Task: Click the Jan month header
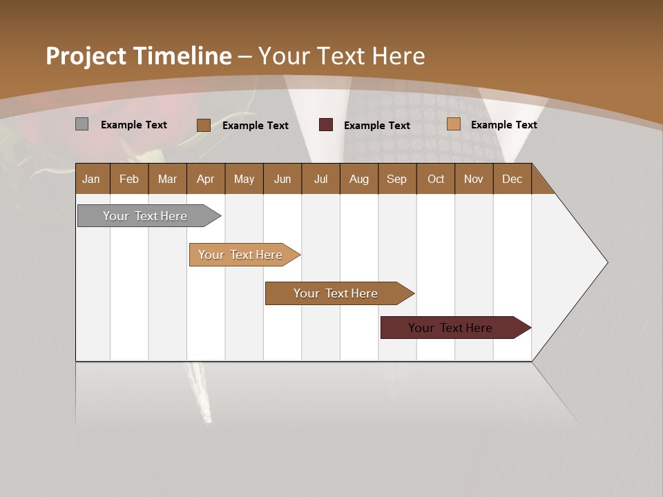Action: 91,179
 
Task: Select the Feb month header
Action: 129,179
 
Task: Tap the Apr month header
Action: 205,179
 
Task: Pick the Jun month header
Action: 282,179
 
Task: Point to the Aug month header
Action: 358,179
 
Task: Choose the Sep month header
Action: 396,179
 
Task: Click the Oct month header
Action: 436,179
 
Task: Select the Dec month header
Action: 512,179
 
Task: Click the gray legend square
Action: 81,124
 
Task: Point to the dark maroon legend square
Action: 326,125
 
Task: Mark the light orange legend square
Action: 453,124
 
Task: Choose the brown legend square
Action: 203,125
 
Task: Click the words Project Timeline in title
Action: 139,56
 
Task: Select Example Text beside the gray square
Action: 134,125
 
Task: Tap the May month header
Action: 244,179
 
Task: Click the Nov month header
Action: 473,179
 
